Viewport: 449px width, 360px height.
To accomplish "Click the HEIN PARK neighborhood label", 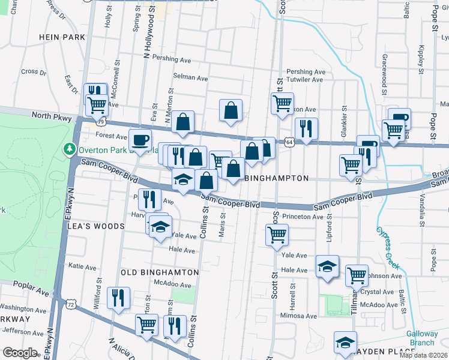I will (63, 37).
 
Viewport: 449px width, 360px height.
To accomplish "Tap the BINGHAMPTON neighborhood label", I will (277, 178).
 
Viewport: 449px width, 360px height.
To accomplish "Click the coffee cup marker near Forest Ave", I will (140, 140).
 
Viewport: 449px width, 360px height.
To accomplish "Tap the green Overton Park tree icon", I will (70, 148).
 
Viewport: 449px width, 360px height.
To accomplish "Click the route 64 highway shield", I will (289, 142).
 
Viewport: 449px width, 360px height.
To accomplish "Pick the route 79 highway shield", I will (103, 121).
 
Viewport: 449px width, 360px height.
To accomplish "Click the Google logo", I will (20, 353).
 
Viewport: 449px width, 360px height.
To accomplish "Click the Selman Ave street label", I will (190, 78).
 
